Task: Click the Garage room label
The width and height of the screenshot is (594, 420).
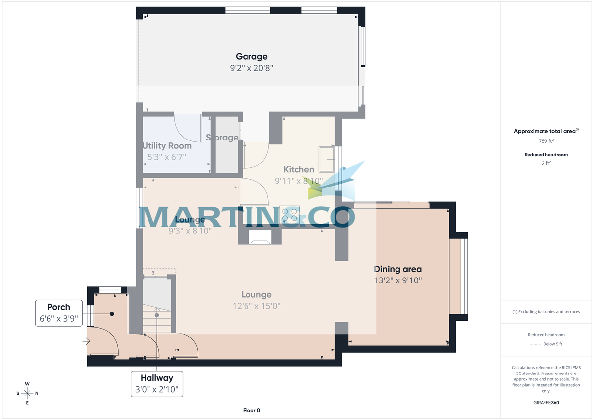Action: point(251,56)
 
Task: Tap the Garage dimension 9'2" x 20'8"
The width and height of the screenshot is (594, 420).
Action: point(251,69)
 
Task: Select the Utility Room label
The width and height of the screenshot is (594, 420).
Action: point(167,146)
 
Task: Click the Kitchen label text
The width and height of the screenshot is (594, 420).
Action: point(298,169)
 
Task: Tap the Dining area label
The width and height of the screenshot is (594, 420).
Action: point(398,269)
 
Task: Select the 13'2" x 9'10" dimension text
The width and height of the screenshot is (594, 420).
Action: point(398,281)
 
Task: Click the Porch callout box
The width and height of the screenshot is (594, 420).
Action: point(59,313)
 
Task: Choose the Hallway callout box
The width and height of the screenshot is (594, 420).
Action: point(156,383)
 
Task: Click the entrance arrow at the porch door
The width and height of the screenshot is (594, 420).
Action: point(87,341)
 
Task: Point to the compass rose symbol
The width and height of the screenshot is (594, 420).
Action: point(28,393)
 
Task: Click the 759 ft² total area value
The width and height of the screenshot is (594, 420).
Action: point(546,141)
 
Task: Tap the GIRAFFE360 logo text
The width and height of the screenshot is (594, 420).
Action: point(546,403)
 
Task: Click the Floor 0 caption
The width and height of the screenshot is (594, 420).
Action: point(251,410)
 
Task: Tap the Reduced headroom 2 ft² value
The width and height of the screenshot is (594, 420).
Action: point(546,163)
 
